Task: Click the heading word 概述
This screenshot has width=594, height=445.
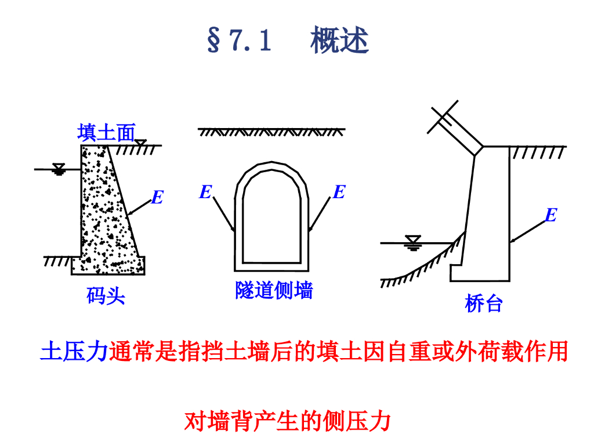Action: pos(339,41)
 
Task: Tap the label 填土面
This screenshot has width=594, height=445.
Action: pos(106,133)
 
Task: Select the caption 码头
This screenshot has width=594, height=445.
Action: pos(106,297)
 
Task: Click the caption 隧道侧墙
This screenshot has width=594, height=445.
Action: pos(274,290)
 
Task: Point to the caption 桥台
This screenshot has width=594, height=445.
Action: pos(483,303)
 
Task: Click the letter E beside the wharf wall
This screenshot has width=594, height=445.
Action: pos(157,198)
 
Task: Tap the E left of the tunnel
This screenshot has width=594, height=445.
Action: pos(205,192)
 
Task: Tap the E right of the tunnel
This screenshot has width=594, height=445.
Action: pos(339,192)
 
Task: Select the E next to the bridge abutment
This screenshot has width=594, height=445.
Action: pos(550,216)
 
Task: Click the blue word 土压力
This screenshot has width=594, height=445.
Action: pos(74,352)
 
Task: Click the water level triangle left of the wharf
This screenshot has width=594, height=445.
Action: pos(59,169)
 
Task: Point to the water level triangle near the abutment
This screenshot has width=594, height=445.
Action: pos(414,240)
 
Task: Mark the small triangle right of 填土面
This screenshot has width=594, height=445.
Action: pos(140,142)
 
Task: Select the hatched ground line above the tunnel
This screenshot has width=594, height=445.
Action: pos(271,132)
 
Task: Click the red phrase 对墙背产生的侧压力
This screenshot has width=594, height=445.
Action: pos(288,421)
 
